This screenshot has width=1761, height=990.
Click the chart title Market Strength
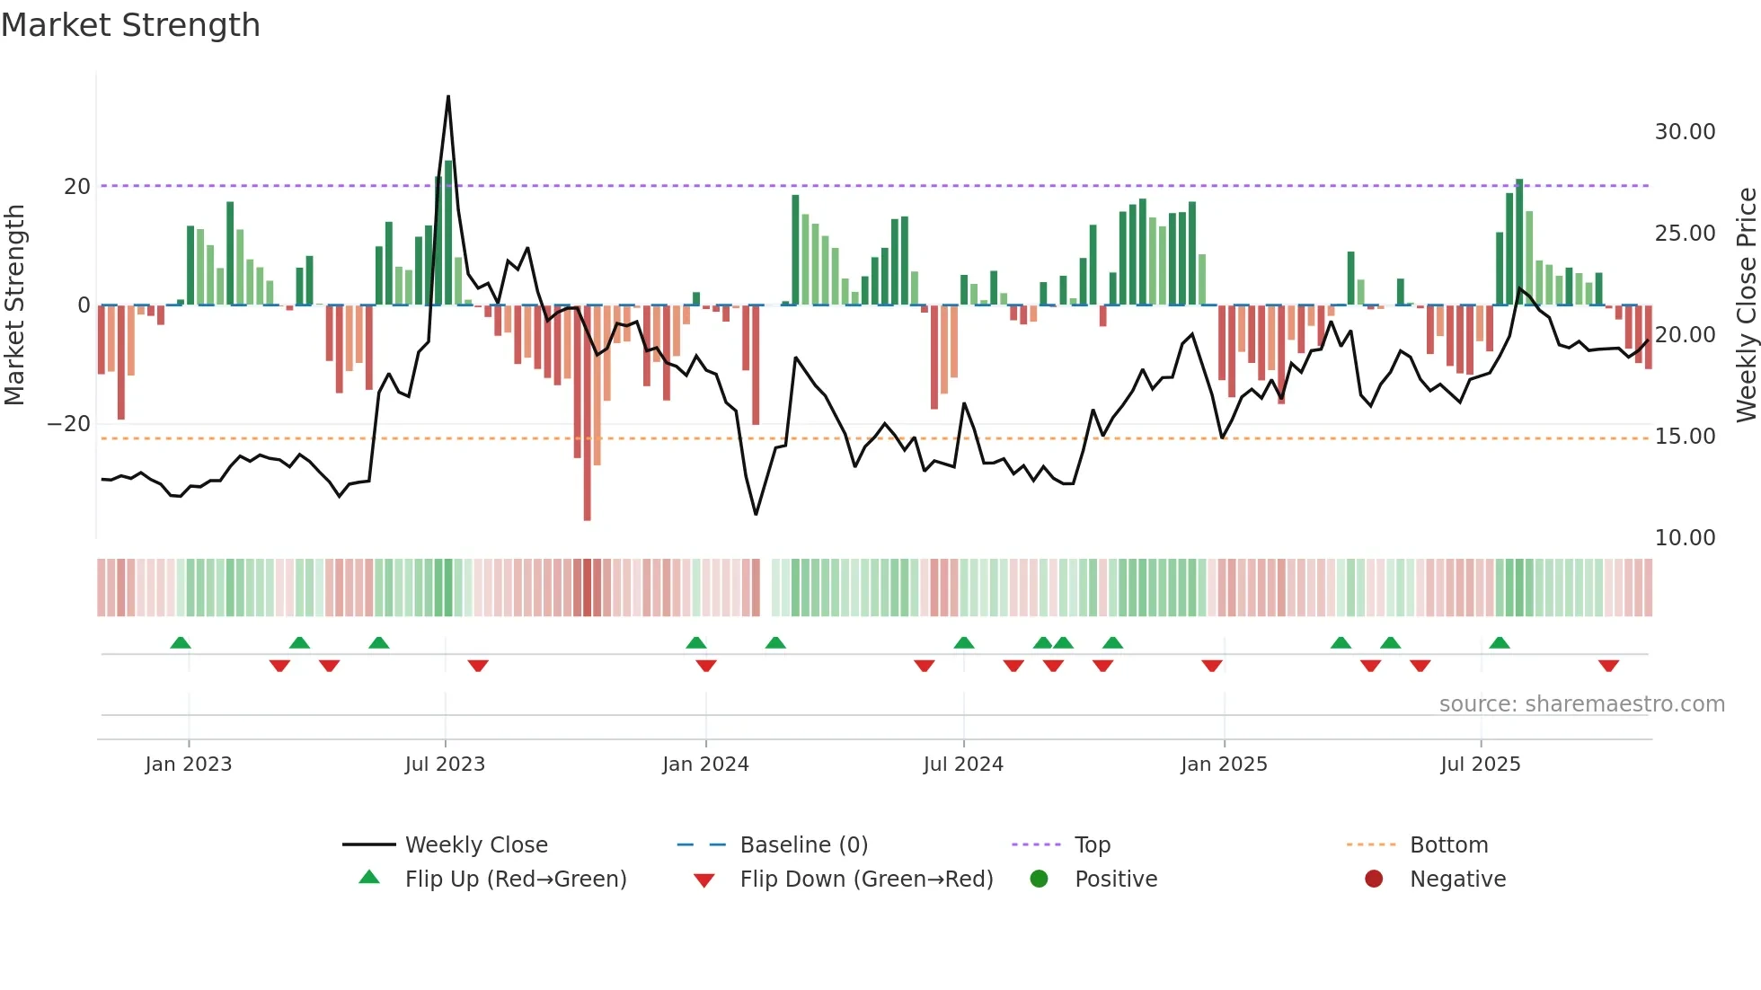pos(130,25)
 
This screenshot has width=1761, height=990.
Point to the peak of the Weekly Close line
pos(448,97)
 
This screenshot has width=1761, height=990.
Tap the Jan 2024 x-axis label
pos(705,765)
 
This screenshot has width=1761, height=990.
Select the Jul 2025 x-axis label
pos(1480,765)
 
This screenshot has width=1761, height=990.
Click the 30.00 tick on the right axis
pos(1685,132)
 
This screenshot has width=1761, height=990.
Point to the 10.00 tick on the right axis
pos(1685,538)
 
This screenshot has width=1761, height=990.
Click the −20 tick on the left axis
pos(69,424)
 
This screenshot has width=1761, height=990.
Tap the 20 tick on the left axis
pos(77,187)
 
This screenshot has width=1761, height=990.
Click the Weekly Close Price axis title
pos(1746,305)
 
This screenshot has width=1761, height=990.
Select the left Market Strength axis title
pos(14,305)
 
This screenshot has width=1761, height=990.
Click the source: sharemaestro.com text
pos(1581,704)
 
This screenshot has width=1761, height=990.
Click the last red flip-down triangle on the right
pos(1608,666)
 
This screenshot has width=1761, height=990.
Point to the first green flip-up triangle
pos(181,642)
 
